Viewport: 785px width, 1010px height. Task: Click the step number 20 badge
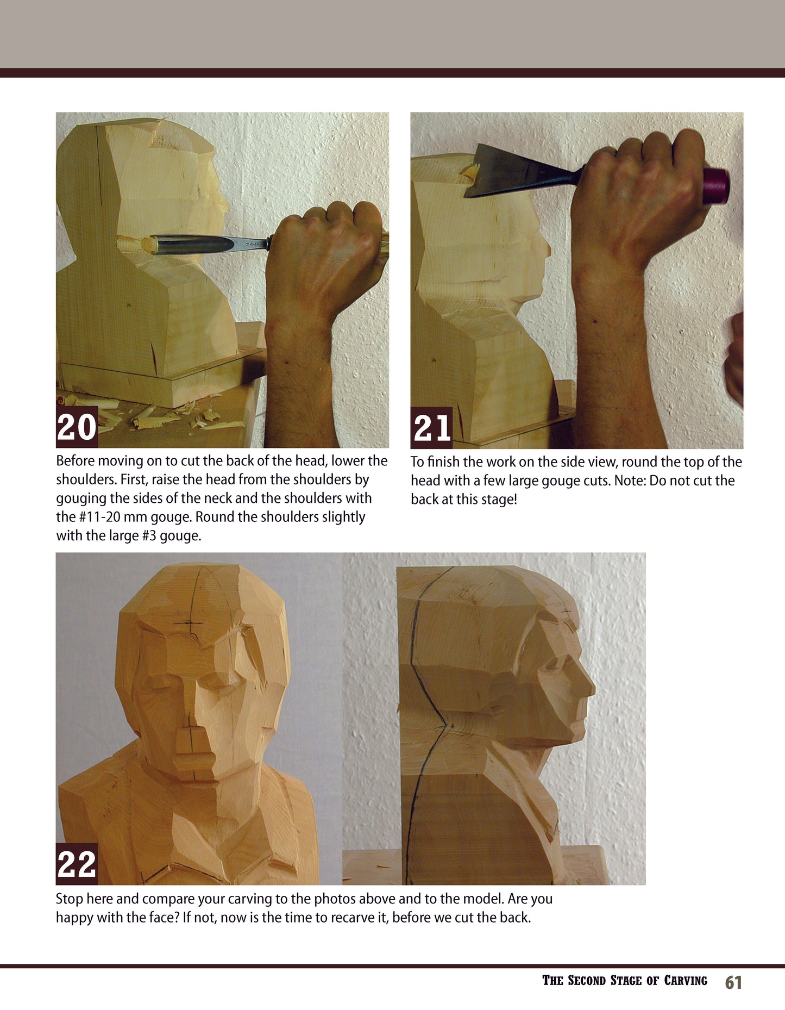[x=77, y=427]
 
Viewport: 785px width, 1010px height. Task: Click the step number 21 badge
[x=431, y=428]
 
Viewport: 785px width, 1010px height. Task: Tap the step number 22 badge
[x=77, y=864]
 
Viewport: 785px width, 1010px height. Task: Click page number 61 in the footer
[x=733, y=982]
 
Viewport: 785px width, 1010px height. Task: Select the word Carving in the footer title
[x=686, y=981]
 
